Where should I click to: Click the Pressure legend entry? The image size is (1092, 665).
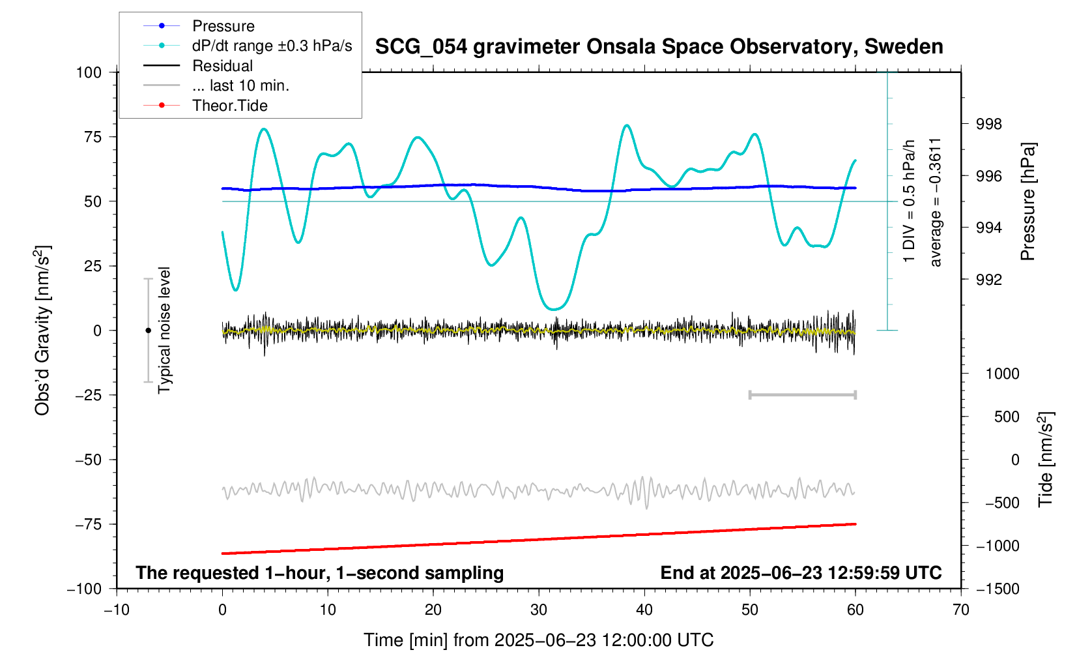(223, 26)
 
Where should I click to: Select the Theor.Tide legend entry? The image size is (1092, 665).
(229, 106)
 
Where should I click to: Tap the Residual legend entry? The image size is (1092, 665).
(222, 66)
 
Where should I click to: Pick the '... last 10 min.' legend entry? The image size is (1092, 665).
(240, 85)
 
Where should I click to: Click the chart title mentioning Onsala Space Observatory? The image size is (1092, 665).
(659, 47)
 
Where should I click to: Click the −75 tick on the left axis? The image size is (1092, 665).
(89, 524)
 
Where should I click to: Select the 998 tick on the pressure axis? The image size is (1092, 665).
(988, 125)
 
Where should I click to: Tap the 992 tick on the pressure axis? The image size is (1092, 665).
(988, 280)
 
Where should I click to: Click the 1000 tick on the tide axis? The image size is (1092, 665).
(1002, 374)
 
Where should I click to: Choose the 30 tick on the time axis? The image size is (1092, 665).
(539, 610)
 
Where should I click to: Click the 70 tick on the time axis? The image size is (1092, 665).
(960, 610)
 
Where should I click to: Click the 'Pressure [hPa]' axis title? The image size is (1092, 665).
(1028, 202)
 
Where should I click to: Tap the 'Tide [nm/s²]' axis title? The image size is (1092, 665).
(1046, 460)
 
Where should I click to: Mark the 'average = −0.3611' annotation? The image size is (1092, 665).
(936, 202)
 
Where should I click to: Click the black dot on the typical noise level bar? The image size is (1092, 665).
(148, 331)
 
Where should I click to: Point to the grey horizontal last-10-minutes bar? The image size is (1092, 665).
(802, 395)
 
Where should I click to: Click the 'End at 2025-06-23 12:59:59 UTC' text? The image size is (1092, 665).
(801, 573)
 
